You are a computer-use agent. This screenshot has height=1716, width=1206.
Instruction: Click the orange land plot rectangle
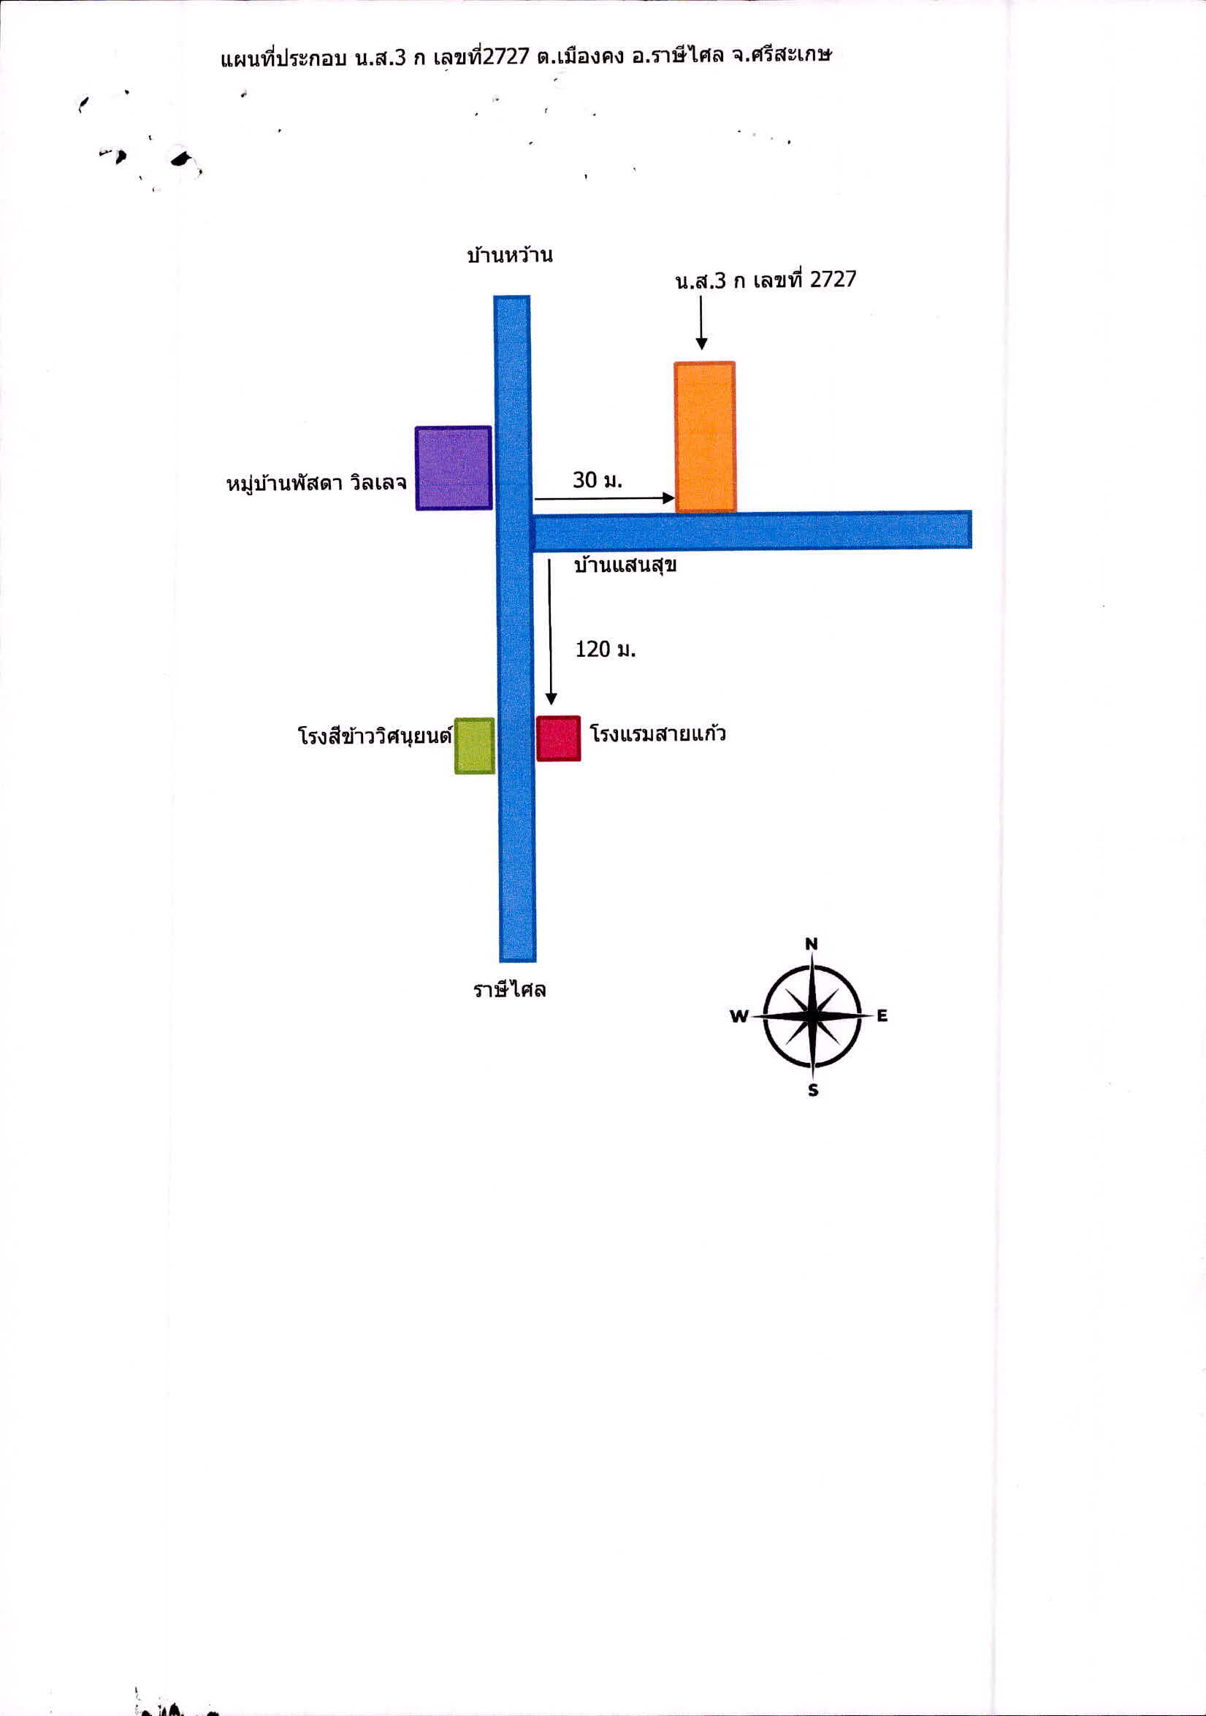pos(705,438)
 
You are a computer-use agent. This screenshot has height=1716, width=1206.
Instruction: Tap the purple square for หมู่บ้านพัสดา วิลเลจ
pos(454,468)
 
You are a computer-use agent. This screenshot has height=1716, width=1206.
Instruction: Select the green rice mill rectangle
pos(475,745)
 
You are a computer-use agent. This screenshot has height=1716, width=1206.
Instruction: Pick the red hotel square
pos(558,739)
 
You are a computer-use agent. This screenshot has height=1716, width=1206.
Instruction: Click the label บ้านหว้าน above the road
pos(510,255)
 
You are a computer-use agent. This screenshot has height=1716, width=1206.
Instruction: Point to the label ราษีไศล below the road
pos(510,990)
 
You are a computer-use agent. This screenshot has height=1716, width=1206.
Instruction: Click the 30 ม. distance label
pos(597,480)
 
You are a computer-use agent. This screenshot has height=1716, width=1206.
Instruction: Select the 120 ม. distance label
pos(606,649)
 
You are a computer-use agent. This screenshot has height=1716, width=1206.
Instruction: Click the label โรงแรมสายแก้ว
pos(657,733)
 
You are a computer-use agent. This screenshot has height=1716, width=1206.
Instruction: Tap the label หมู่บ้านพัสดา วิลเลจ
pos(317,483)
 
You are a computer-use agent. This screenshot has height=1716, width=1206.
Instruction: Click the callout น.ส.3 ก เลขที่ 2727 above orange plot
pos(765,280)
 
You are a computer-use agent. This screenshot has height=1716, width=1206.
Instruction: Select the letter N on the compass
pos(812,944)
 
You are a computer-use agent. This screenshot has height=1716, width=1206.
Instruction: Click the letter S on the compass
pos(814,1091)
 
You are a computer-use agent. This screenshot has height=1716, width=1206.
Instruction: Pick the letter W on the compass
pos(739,1015)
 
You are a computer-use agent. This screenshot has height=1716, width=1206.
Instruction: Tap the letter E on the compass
pos(882,1015)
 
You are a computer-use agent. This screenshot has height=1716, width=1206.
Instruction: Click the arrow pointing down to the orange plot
pos(701,323)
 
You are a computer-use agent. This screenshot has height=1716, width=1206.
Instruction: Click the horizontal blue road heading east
pos(751,530)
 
